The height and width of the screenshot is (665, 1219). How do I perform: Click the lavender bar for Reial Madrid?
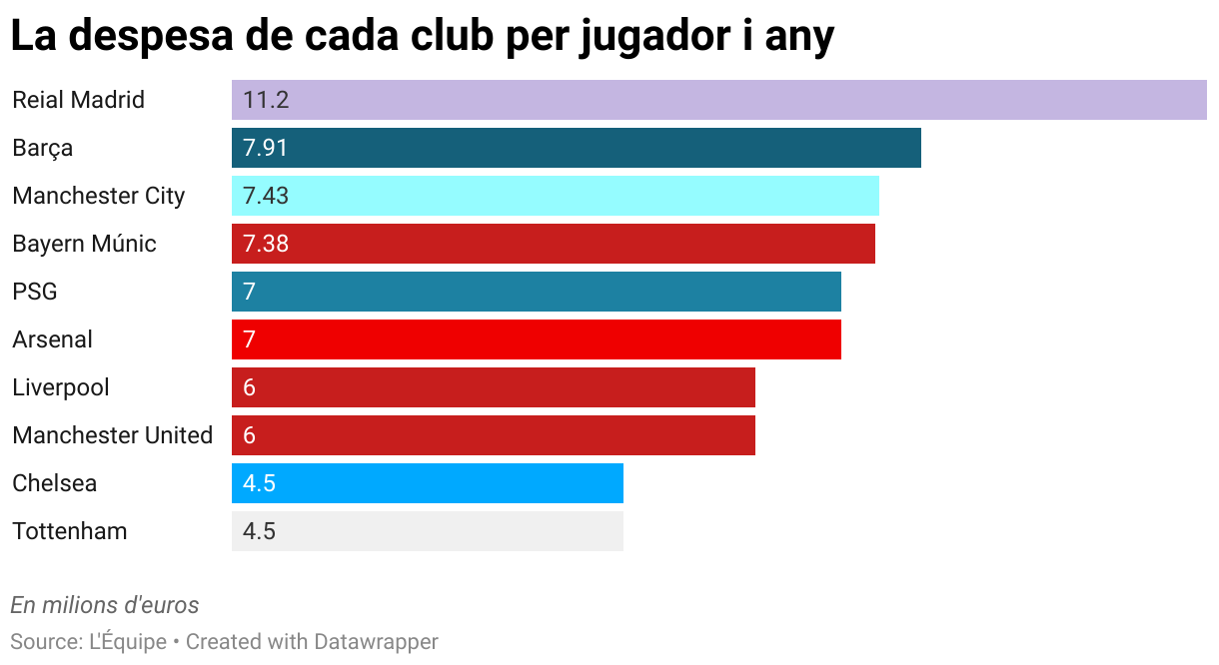pos(719,100)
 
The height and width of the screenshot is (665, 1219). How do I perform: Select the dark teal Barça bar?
pos(577,148)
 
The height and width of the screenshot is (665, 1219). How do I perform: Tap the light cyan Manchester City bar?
pos(556,196)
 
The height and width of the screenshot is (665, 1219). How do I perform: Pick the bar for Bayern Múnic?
pos(554,244)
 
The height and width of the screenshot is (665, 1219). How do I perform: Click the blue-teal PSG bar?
pos(537,292)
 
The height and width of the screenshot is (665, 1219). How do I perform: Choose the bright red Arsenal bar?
pos(537,339)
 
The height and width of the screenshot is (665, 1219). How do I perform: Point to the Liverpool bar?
pos(494,387)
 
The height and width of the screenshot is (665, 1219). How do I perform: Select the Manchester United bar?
pos(494,435)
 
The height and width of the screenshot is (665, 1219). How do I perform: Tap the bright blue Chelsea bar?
pos(428,483)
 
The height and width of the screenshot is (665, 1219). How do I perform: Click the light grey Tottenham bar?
pos(428,531)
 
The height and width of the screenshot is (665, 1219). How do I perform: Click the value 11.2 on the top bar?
pos(265,100)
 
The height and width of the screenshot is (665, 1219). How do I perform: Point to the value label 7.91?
pos(265,148)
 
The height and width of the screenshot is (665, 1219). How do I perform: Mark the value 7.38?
pos(265,244)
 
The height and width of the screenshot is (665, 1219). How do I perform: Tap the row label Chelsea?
pos(55,483)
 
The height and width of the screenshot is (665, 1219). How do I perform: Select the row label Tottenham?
pos(70,531)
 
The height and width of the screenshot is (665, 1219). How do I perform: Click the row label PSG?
pos(35,292)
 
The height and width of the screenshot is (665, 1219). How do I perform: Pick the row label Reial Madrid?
pos(78,100)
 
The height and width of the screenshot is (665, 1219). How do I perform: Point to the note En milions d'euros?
pos(105,605)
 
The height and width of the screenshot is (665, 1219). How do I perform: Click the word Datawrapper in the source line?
pos(376,641)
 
